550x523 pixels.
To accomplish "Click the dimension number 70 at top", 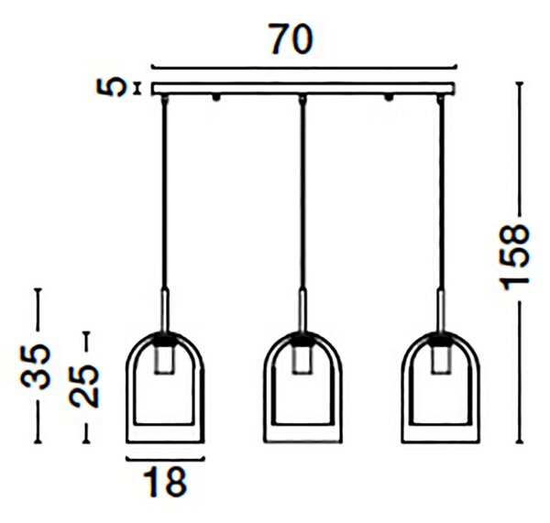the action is point(291,38).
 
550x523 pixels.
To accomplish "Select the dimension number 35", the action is point(35,366).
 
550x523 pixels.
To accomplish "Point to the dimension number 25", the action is point(84,386).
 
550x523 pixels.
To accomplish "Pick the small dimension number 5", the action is point(110,87).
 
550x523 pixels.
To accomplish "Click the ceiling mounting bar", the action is point(303,88).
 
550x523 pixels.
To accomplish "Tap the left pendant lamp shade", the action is point(165,387).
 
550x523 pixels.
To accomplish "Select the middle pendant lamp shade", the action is point(302,387).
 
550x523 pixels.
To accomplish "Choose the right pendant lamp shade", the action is point(441,387).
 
